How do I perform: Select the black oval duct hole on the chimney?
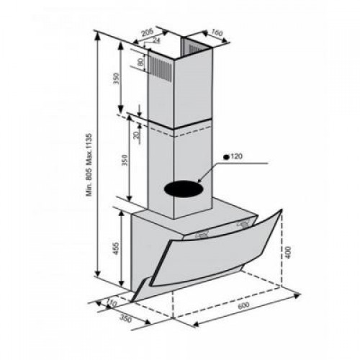coord(184,188)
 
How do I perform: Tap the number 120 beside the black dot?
coord(240,156)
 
